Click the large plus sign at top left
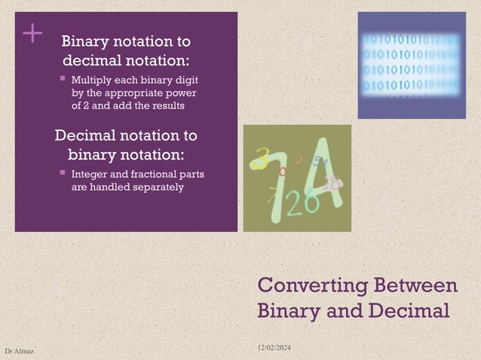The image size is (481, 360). pyautogui.click(x=32, y=33)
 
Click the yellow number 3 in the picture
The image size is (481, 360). pyautogui.click(x=262, y=158)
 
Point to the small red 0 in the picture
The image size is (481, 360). pyautogui.click(x=283, y=172)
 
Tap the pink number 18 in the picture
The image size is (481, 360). pyautogui.click(x=332, y=182)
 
